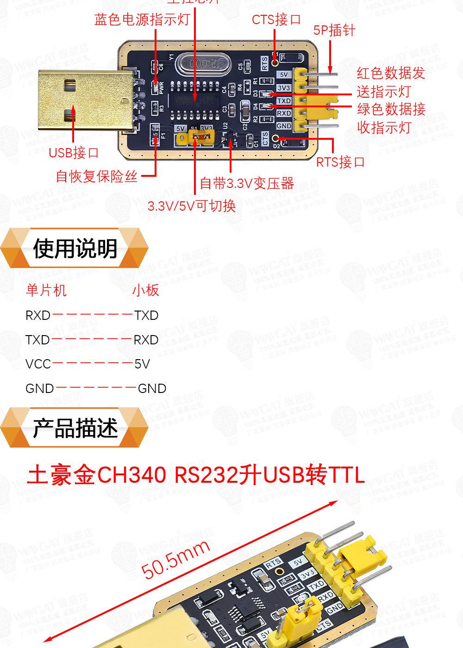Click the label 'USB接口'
coord(74,153)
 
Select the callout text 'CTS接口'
coord(276,19)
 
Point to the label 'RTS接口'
coord(341,162)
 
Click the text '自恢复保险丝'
coord(97,176)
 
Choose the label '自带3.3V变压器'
coord(247,183)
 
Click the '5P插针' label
coord(334,31)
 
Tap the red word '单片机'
coord(46,290)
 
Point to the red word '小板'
coord(146,290)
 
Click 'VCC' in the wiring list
coord(38,364)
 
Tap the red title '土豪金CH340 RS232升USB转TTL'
coord(196,475)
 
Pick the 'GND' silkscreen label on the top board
coord(284,126)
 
